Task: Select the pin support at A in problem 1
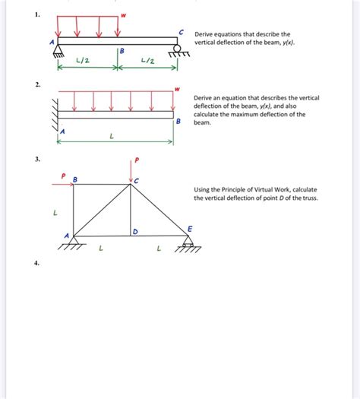[58, 50]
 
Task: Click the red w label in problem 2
[177, 89]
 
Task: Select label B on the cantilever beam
[178, 122]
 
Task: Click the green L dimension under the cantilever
[112, 137]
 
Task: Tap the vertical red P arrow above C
[130, 173]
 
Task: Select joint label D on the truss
[134, 230]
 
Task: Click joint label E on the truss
[190, 228]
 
